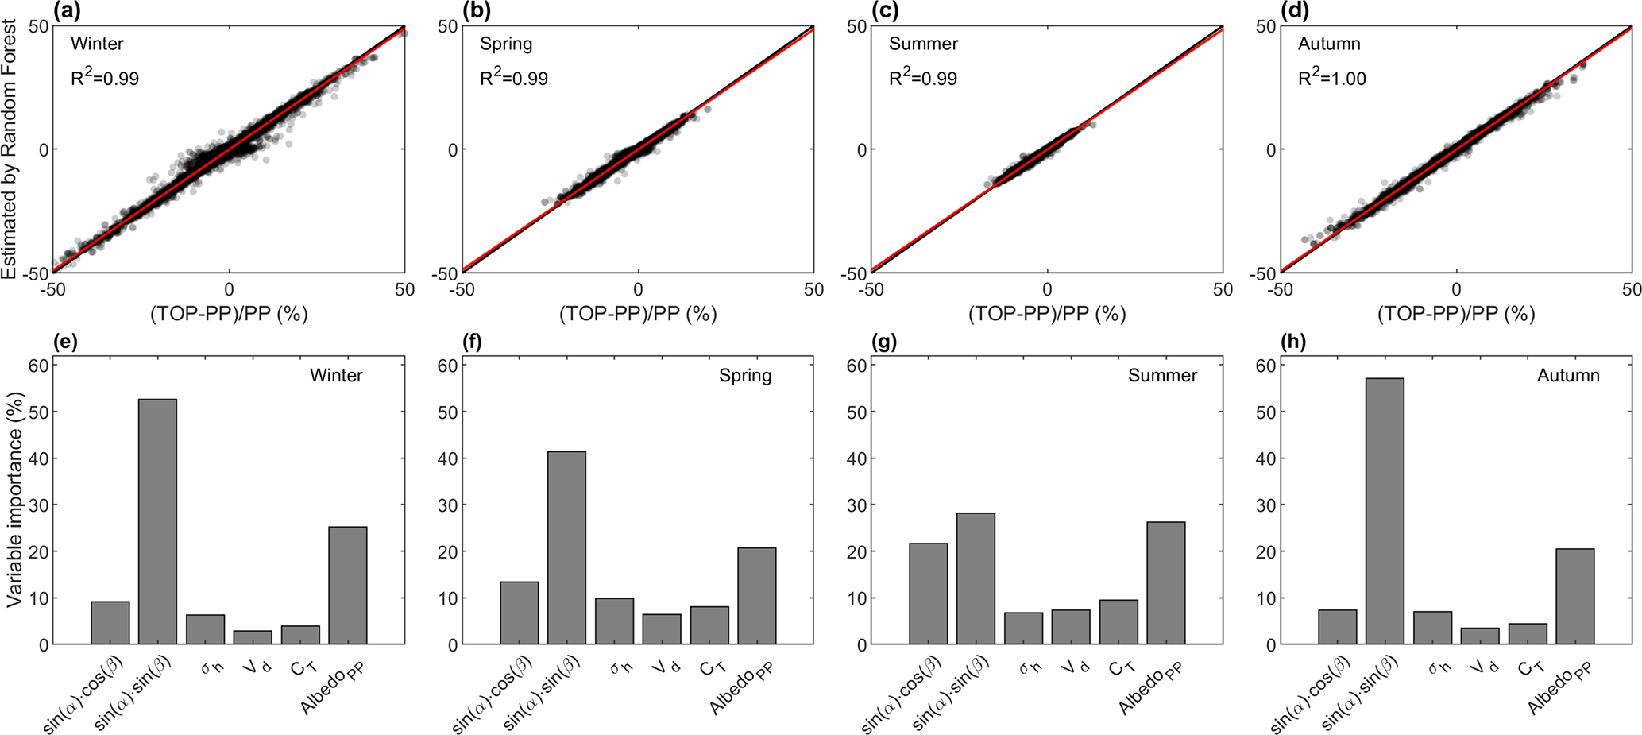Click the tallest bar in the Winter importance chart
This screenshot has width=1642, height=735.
[157, 521]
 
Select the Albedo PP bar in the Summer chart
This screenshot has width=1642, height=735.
[1165, 582]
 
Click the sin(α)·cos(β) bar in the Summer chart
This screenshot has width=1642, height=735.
[928, 594]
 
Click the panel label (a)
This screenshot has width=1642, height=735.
[65, 10]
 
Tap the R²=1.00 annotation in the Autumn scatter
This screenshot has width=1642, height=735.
[1331, 78]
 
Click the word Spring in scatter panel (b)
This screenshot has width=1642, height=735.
[506, 44]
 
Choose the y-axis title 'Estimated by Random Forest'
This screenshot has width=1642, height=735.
[10, 149]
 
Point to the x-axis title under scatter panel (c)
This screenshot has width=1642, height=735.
[1046, 314]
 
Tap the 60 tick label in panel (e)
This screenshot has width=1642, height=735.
[39, 365]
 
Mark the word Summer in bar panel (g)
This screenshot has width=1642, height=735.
[1162, 375]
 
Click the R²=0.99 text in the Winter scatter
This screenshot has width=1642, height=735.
[105, 78]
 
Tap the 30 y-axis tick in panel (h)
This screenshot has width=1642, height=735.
[1266, 505]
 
